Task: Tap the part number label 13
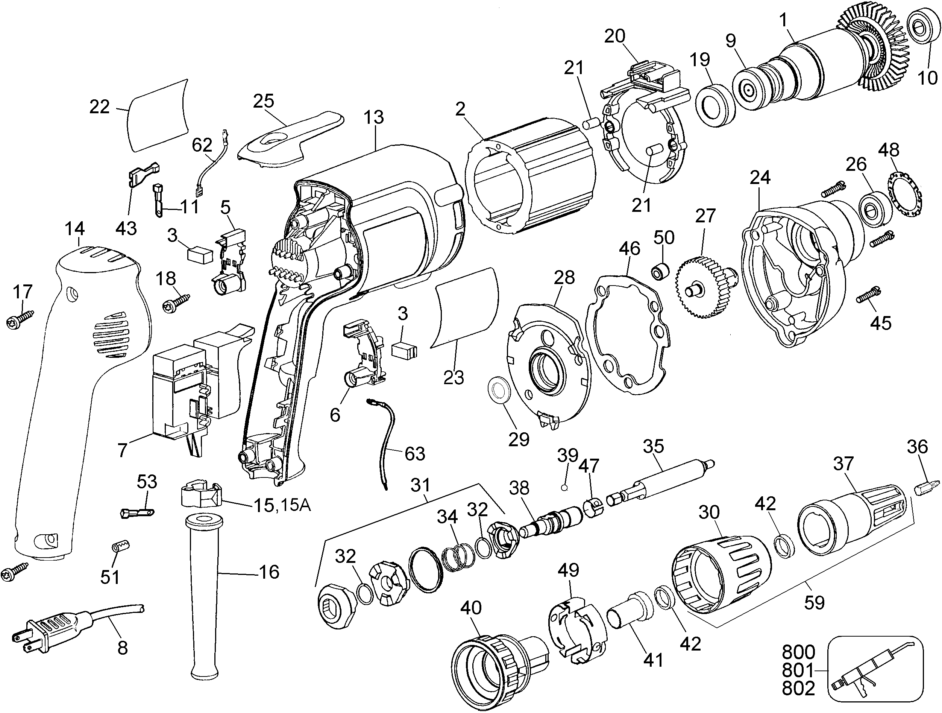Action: pyautogui.click(x=374, y=117)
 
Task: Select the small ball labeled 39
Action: pyautogui.click(x=564, y=488)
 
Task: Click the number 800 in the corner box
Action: pyautogui.click(x=798, y=652)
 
